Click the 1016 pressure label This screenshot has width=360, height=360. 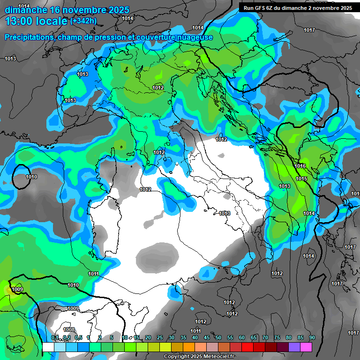tap(300, 166)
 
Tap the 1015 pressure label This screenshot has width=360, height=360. tap(301, 179)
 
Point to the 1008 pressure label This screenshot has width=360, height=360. tap(69, 330)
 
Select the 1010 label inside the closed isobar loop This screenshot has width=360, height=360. tap(31, 177)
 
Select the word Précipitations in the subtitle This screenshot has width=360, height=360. tap(29, 37)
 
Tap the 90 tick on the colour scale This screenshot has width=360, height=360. tap(312, 337)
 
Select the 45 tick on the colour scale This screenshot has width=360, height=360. tap(206, 337)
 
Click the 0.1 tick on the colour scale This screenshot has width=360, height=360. tap(54, 337)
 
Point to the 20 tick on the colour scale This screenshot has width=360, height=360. tap(148, 337)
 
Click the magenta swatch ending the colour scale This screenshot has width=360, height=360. tap(306, 347)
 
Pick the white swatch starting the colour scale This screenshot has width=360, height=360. tap(48, 347)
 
